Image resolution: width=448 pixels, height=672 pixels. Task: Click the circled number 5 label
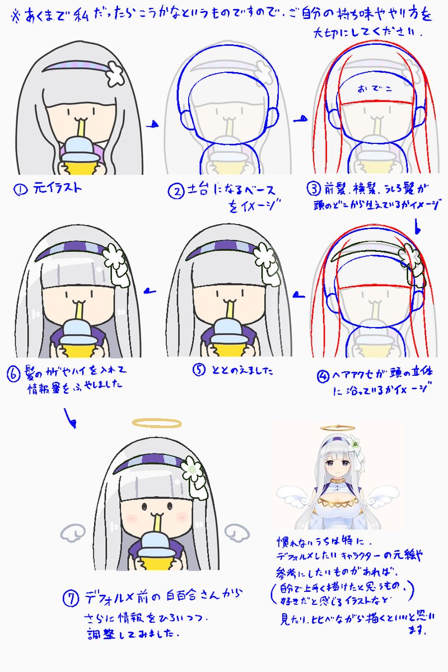(199, 370)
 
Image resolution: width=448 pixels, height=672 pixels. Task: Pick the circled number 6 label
(15, 373)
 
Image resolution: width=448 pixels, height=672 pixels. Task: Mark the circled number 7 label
(71, 598)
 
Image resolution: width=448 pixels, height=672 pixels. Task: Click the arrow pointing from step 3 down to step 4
(417, 227)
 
